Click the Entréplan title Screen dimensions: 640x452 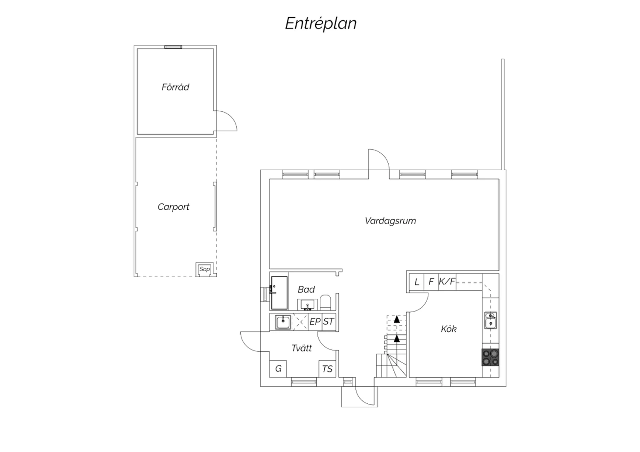[321, 23]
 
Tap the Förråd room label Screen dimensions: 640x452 [175, 87]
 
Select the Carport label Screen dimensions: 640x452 [173, 207]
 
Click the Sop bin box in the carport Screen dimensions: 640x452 [204, 269]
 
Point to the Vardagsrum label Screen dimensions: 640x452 [390, 221]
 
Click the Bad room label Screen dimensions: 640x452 [306, 290]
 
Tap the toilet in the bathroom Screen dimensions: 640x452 [326, 303]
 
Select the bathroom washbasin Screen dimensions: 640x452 [308, 304]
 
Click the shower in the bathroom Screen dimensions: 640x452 [279, 293]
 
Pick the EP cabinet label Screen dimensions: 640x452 [315, 322]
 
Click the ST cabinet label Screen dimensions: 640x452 [328, 322]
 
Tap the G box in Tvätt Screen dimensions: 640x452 [278, 369]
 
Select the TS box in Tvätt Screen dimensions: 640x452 [327, 369]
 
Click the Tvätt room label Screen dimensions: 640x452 [302, 348]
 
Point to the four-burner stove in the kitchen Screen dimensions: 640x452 [491, 357]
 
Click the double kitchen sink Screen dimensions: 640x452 [491, 320]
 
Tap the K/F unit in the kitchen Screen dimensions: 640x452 [447, 282]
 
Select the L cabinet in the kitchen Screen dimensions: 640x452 [416, 282]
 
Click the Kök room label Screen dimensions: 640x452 [448, 329]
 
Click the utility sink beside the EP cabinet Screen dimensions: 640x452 [283, 322]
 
